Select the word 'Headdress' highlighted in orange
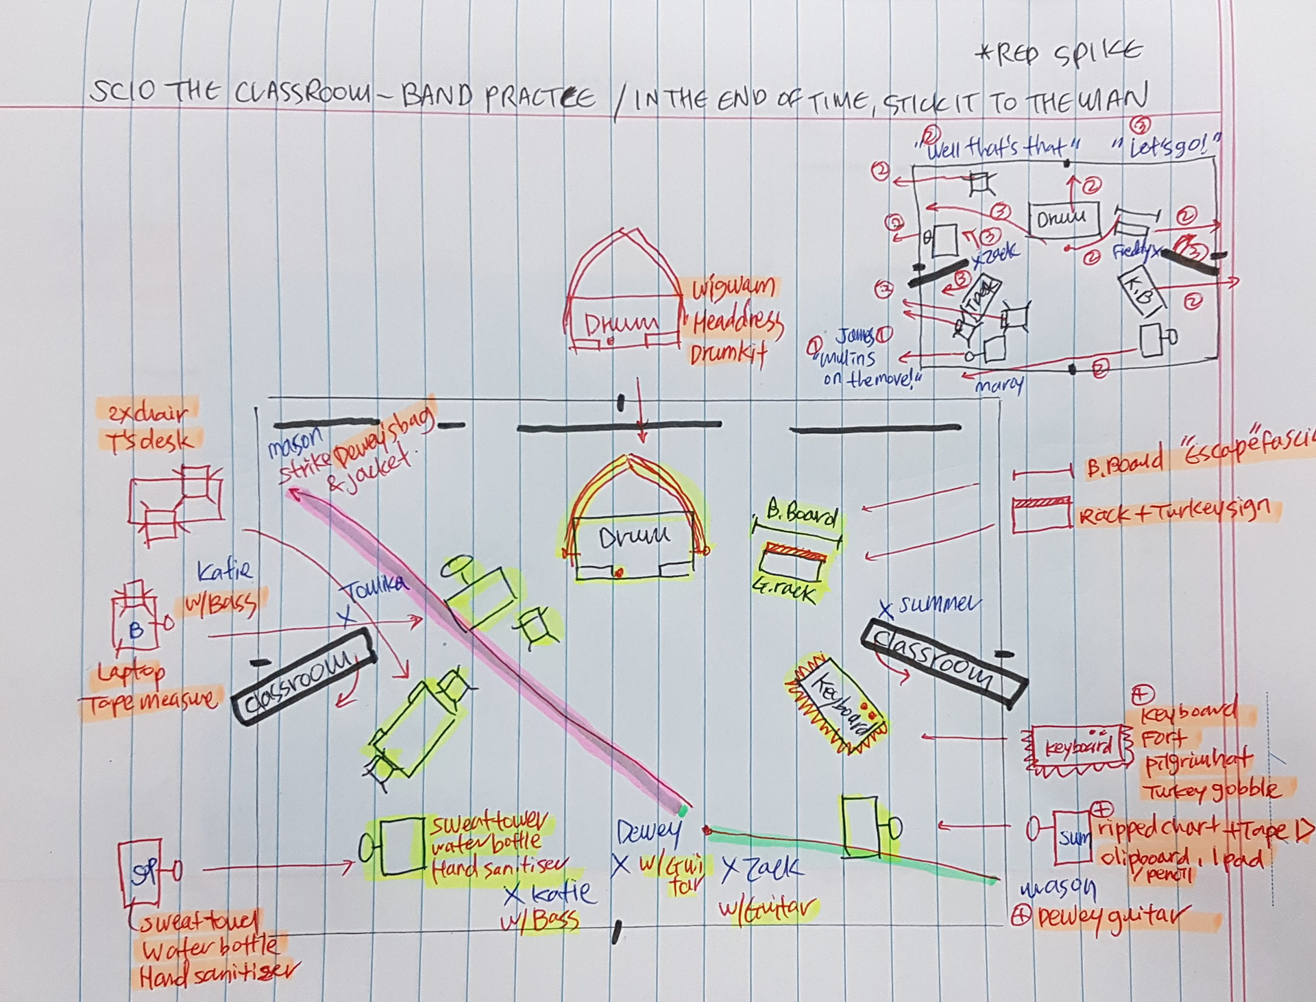(737, 321)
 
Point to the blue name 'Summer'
(939, 604)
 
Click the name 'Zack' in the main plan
(770, 870)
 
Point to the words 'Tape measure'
(149, 701)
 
